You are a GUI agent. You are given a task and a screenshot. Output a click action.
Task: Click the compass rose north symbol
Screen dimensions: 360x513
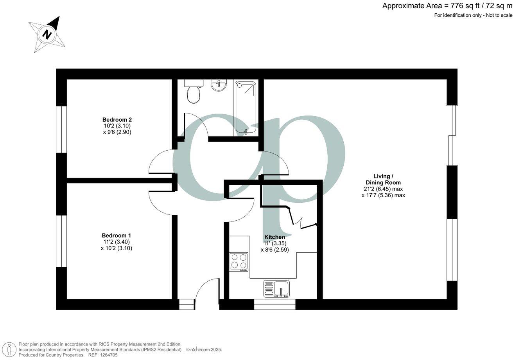pyautogui.click(x=47, y=34)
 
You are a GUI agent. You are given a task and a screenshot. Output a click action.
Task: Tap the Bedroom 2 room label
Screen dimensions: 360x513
pyautogui.click(x=117, y=120)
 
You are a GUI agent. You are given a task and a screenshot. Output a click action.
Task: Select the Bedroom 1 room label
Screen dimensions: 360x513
pyautogui.click(x=116, y=236)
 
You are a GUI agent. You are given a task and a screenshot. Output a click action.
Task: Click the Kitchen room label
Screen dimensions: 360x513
pyautogui.click(x=274, y=237)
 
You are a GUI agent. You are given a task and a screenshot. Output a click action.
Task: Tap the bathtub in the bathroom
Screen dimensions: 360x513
pyautogui.click(x=245, y=108)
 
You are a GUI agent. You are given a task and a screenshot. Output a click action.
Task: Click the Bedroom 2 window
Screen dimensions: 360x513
pyautogui.click(x=61, y=129)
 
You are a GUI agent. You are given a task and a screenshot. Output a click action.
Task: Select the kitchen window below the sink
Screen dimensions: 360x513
pyautogui.click(x=274, y=304)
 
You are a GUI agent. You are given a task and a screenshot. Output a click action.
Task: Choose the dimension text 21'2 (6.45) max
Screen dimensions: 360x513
pyautogui.click(x=383, y=189)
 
